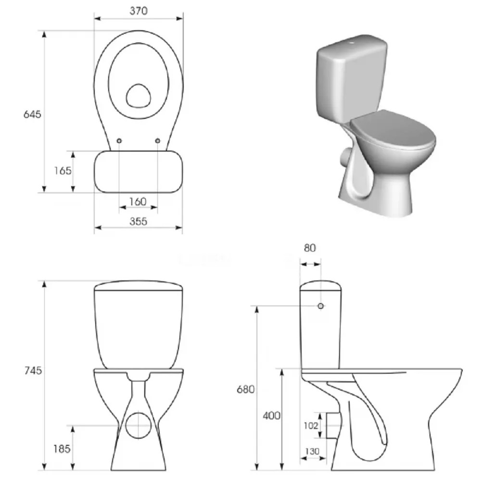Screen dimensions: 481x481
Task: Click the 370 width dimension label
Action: [x=139, y=11]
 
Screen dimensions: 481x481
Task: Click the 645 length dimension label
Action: [x=32, y=114]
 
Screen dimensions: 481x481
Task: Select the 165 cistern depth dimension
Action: [x=63, y=171]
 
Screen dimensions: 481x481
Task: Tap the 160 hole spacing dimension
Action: [x=138, y=202]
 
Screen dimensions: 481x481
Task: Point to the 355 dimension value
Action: [x=138, y=221]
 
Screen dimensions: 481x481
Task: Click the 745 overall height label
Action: [x=33, y=370]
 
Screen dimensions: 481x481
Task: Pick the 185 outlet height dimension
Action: [x=62, y=449]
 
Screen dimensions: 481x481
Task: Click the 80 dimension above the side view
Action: [x=310, y=248]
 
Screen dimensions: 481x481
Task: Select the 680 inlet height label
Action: [x=245, y=389]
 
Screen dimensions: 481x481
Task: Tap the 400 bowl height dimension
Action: [x=271, y=416]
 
